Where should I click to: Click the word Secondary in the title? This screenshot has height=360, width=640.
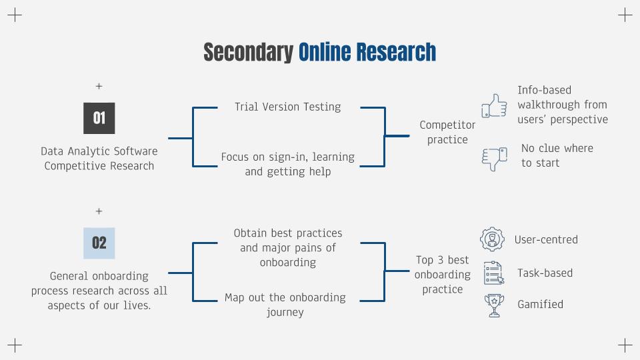click(x=248, y=53)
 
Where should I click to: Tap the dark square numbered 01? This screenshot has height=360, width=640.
click(x=99, y=119)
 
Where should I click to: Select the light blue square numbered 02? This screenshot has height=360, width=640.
click(x=99, y=243)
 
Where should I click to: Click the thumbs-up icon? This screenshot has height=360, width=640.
click(x=494, y=106)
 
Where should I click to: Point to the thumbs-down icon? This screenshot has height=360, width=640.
click(x=494, y=159)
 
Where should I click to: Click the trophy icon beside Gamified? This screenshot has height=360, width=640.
click(x=494, y=305)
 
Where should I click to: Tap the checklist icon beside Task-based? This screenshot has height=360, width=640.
click(x=493, y=273)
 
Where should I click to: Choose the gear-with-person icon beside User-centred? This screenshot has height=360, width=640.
click(x=492, y=239)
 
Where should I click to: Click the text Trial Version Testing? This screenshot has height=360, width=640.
click(x=288, y=107)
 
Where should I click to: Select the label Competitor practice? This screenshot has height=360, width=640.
click(x=447, y=132)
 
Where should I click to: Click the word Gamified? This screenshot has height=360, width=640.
click(x=540, y=305)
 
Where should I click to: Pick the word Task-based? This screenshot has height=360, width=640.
click(x=545, y=273)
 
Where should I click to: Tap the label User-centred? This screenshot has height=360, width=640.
click(x=546, y=239)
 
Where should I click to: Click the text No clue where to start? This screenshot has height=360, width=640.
click(x=557, y=155)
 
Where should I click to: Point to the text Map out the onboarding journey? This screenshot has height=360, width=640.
click(x=285, y=305)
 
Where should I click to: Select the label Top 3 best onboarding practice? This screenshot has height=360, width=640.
click(x=443, y=275)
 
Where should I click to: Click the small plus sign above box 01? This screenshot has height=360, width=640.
click(x=99, y=86)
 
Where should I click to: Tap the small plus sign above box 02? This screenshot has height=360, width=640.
click(x=99, y=211)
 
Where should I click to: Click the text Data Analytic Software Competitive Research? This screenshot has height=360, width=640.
click(x=99, y=159)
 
